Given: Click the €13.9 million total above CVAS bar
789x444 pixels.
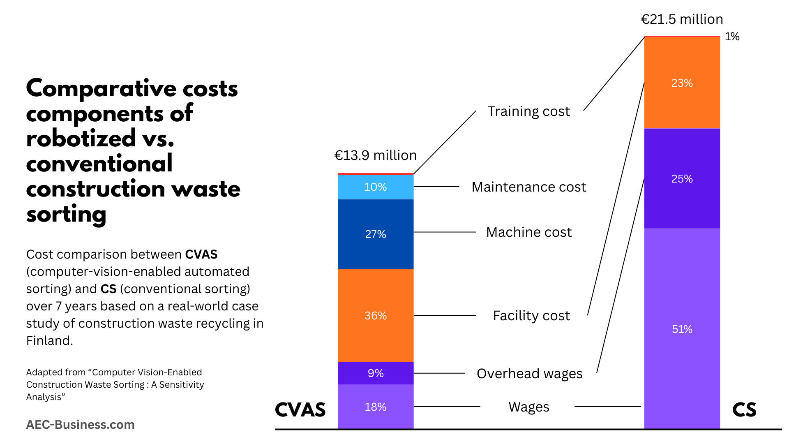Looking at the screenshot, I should (x=375, y=155).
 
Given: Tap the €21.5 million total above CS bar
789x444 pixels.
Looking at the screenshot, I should (x=682, y=19).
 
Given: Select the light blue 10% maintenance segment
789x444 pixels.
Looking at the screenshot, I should (x=375, y=187).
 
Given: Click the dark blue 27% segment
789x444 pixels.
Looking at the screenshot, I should (x=375, y=234).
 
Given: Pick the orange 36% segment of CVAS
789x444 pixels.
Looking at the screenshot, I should (x=375, y=315).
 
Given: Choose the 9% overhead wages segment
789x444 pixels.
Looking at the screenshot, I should (x=375, y=373).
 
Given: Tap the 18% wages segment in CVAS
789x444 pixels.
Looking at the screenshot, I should (x=375, y=407).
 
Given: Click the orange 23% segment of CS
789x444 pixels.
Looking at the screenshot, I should (x=682, y=83).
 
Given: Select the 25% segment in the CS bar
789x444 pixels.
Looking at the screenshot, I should (x=682, y=179).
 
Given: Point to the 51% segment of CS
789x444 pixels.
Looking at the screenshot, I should (x=682, y=329).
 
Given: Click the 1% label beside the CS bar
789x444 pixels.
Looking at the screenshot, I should (x=732, y=37).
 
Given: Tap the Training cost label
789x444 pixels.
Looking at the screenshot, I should (x=528, y=111).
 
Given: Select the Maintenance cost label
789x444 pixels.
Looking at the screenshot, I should (x=528, y=187).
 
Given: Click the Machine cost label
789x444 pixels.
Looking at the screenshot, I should (x=528, y=232).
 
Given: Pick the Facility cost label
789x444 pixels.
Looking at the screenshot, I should (x=531, y=316).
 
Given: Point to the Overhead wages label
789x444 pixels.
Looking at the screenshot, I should (x=529, y=374).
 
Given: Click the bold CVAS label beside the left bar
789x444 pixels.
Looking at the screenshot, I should (x=300, y=410).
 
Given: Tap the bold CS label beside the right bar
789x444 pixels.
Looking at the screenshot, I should (x=744, y=410).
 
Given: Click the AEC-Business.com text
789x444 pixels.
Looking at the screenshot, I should (x=80, y=425).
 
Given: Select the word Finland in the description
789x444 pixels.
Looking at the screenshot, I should (x=49, y=341).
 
